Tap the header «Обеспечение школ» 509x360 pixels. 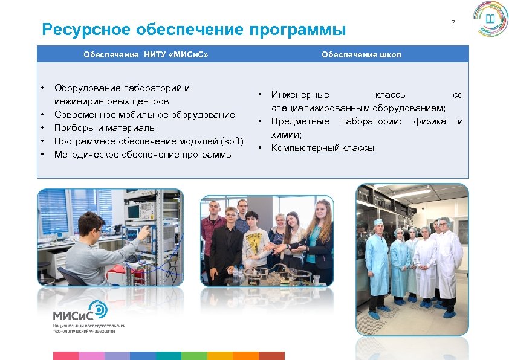(361, 54)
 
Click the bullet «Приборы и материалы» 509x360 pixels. (105, 128)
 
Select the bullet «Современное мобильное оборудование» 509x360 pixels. (144, 115)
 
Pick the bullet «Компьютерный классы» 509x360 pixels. (322, 148)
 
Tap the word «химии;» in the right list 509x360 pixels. (287, 135)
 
